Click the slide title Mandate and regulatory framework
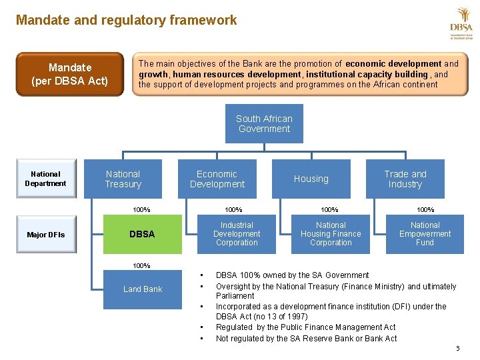click(126, 20)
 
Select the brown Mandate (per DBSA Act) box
click(70, 75)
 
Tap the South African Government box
click(264, 123)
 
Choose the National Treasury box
click(123, 179)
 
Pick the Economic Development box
click(217, 179)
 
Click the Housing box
click(311, 179)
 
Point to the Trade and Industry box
click(405, 179)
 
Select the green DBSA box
click(142, 234)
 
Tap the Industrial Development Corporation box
click(237, 234)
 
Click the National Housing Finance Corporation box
click(331, 234)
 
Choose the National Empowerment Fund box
click(425, 234)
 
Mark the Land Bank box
click(143, 289)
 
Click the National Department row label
click(45, 179)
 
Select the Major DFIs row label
click(45, 234)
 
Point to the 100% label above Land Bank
click(141, 265)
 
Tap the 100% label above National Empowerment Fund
click(425, 209)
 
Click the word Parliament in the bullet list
click(235, 295)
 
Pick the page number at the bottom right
click(457, 349)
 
